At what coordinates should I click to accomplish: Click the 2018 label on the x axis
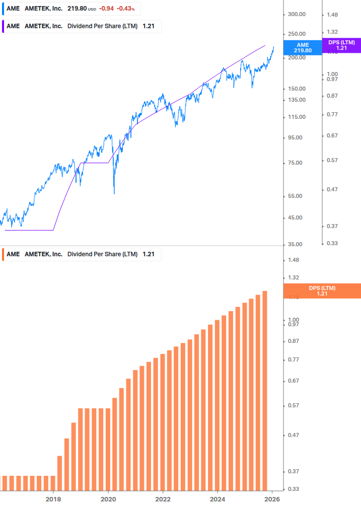53,498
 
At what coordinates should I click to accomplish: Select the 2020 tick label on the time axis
108,498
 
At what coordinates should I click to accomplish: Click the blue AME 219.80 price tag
303,48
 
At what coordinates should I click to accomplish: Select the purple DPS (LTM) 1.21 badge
341,45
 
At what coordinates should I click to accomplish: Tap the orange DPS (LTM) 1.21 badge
322,291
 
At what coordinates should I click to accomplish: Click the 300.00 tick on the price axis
297,15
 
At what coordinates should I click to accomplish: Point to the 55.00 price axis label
295,196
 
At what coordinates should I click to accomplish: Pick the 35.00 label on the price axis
295,244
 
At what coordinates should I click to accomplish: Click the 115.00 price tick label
297,117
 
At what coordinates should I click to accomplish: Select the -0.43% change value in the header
126,9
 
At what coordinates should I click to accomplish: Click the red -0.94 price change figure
106,9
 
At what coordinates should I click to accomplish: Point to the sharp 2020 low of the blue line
114,193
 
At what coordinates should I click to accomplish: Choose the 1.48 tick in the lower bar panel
293,260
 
